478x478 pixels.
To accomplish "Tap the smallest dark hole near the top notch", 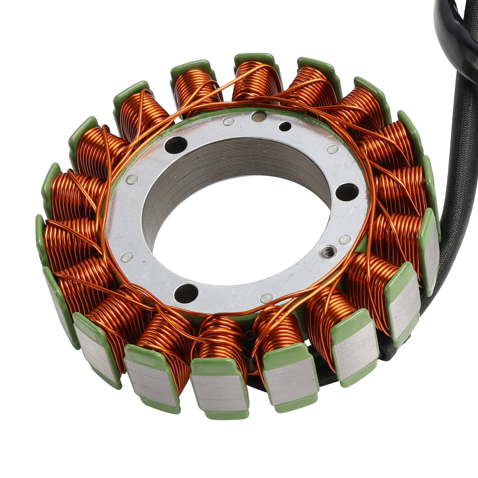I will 285,126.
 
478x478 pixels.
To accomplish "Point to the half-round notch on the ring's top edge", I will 258,116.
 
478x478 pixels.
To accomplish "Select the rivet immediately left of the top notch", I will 227,122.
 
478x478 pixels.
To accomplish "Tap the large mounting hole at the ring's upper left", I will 175,144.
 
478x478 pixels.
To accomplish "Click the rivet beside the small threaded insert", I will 345,238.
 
